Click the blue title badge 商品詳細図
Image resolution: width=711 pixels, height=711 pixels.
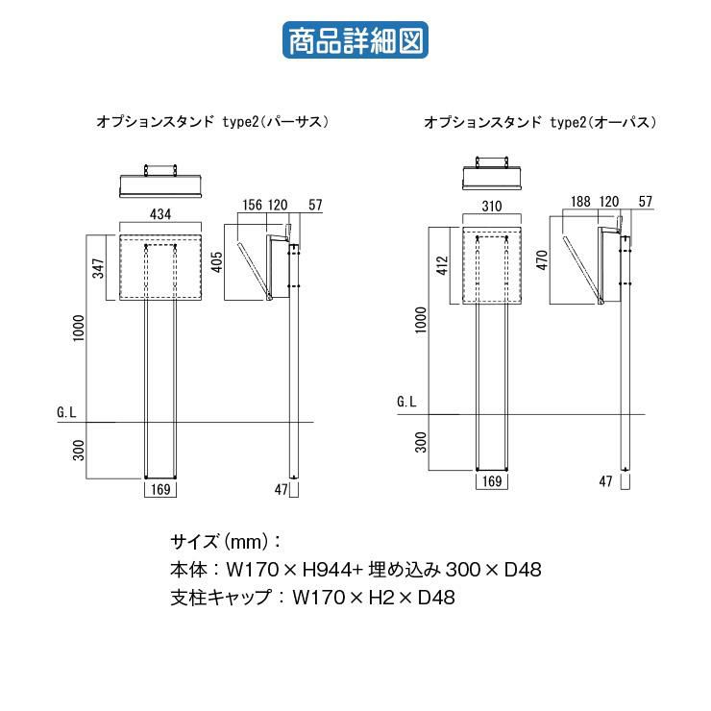355,40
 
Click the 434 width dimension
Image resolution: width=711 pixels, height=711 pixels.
160,214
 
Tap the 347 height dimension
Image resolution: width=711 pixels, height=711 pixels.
98,268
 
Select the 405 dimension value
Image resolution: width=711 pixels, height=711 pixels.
217,262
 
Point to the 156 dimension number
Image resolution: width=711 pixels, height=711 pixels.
252,205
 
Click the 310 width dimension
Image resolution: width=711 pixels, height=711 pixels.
492,207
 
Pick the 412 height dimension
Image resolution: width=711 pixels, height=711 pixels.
442,266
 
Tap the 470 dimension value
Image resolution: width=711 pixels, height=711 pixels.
542,259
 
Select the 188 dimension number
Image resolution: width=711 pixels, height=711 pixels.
580,202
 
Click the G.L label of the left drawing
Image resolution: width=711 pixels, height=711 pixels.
66,412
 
